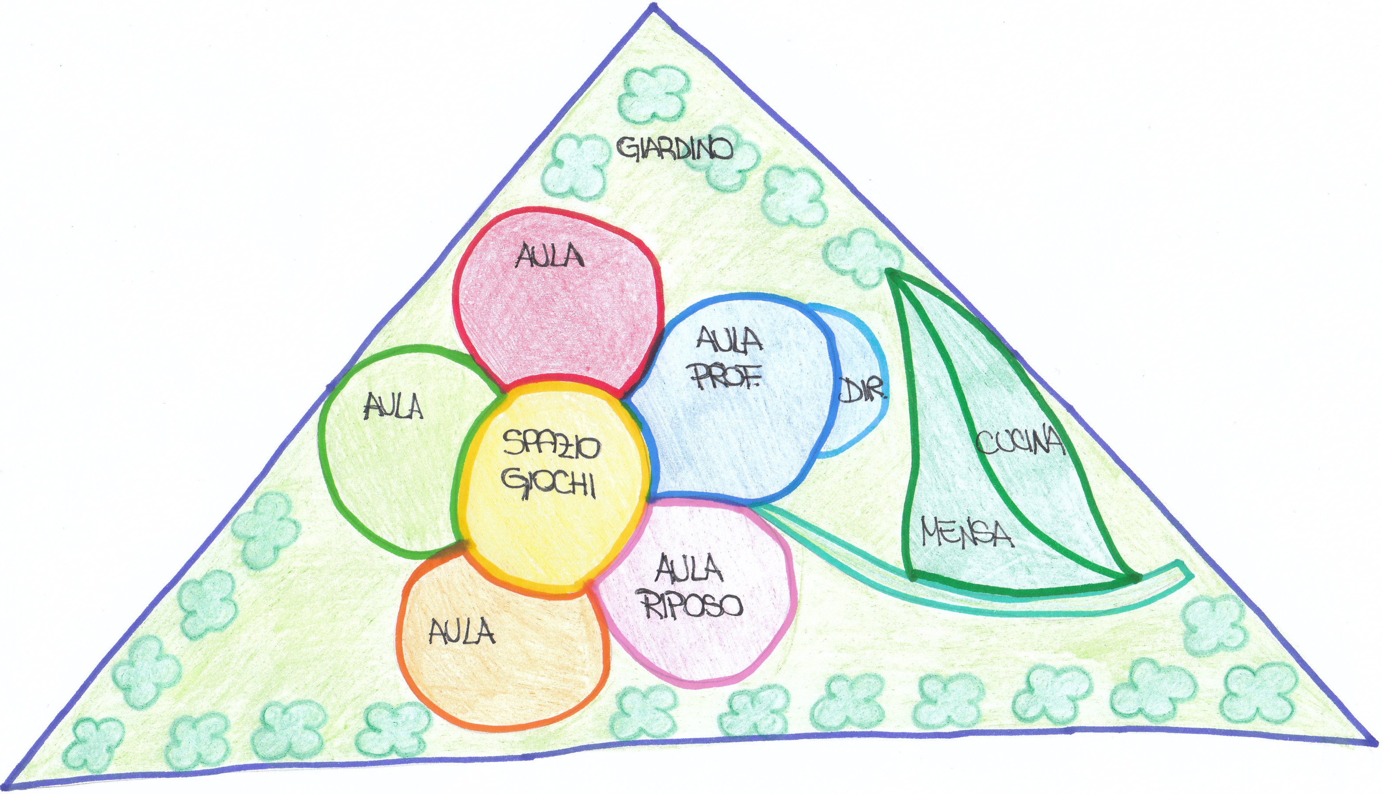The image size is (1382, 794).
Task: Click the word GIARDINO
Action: pyautogui.click(x=675, y=148)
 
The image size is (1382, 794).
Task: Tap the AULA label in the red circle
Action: pyautogui.click(x=550, y=256)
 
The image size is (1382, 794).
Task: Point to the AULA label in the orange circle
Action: pyautogui.click(x=461, y=632)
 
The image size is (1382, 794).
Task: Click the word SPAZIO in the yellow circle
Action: pyautogui.click(x=551, y=444)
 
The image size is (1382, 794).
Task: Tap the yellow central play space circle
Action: pyautogui.click(x=551, y=518)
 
